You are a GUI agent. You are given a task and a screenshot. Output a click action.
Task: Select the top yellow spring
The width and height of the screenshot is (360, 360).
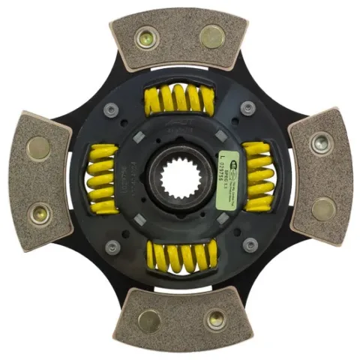(x=180, y=98)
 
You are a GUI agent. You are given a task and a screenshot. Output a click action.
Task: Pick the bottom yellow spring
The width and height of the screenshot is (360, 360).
(x=180, y=257)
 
